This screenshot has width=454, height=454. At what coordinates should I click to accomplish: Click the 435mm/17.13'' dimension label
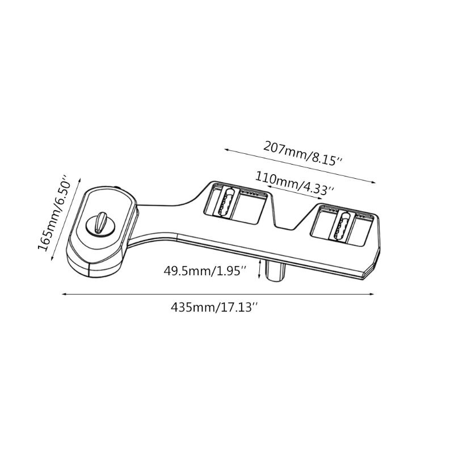coord(214,307)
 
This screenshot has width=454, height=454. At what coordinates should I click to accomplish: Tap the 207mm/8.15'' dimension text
coord(303,153)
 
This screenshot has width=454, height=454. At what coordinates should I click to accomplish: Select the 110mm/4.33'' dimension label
coord(295,183)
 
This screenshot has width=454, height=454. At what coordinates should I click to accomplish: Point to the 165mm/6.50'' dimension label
coord(54,213)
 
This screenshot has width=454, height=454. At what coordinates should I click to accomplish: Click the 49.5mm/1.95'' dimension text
coord(205,271)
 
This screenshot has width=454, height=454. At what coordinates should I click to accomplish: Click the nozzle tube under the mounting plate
coord(276,271)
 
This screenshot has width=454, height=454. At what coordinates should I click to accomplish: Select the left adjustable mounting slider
coord(226,203)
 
